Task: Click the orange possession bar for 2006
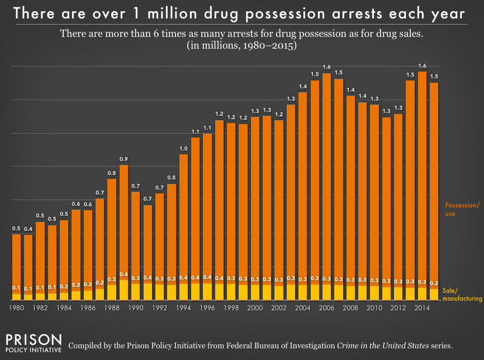326,179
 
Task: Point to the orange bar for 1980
17,263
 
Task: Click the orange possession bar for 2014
422,179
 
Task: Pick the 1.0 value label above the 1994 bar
183,148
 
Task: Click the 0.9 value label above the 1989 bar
124,159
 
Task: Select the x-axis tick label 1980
17,308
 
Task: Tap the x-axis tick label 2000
255,308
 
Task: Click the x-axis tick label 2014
422,308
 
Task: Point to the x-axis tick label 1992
160,308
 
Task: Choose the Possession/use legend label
461,210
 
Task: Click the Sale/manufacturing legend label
462,295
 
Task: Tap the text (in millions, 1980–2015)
241,47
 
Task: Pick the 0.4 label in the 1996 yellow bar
207,278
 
